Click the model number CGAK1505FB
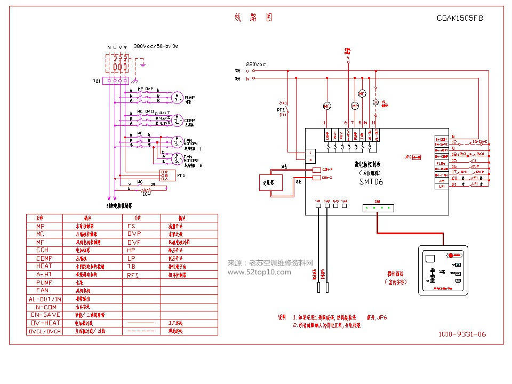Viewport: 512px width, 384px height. coord(459,18)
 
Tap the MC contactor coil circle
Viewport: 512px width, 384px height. coord(327,106)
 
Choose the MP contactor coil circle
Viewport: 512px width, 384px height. coord(354,106)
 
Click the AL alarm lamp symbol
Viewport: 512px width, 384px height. coord(375,101)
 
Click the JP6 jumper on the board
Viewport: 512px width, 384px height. coord(408,157)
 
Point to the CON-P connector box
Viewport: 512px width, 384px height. coord(316,170)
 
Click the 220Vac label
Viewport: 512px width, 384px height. coord(255,64)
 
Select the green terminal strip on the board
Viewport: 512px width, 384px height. coord(377,207)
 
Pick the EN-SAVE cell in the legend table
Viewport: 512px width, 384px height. coord(44,315)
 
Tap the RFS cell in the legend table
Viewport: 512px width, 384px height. coord(133,275)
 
